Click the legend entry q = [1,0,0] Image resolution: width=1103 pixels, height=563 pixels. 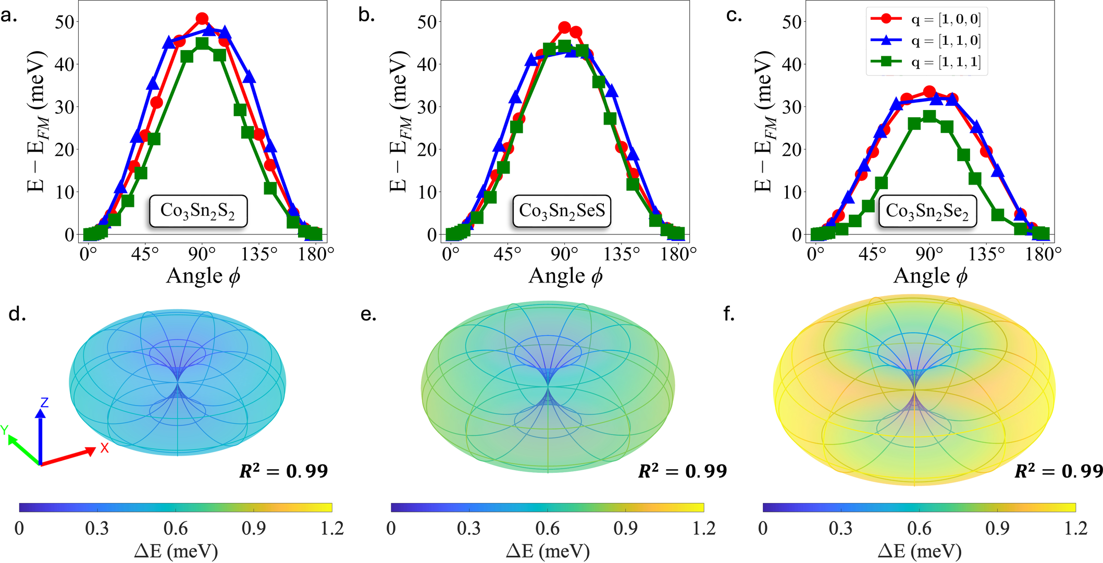tap(925, 19)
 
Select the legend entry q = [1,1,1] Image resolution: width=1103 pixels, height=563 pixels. tap(925, 63)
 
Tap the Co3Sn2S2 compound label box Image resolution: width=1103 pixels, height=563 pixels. tap(198, 211)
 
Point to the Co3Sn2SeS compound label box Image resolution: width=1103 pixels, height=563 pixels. tap(562, 211)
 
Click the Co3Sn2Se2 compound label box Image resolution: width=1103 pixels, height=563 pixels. tap(927, 211)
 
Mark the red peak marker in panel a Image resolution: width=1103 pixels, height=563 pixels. tap(202, 19)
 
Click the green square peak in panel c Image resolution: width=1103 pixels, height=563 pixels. tap(929, 116)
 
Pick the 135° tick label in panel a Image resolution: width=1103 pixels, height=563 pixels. tap(259, 254)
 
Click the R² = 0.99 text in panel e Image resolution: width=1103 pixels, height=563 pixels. tap(683, 471)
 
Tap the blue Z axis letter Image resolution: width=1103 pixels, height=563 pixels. tap(44, 402)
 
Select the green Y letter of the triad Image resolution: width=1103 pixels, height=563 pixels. tap(5, 430)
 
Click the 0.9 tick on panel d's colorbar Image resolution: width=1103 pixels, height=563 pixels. tap(254, 529)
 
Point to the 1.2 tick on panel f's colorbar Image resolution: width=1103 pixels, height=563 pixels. tap(1075, 529)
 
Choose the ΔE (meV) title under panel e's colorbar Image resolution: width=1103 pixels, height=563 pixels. tap(548, 551)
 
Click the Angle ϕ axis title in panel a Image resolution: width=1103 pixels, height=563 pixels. tap(203, 276)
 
